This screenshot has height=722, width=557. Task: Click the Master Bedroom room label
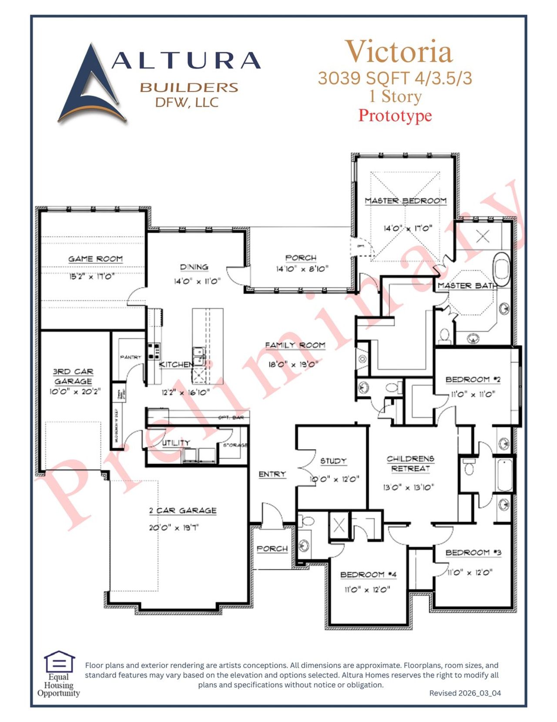click(406, 201)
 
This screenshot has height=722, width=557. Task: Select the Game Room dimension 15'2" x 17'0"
click(91, 276)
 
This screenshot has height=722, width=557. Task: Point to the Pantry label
click(131, 357)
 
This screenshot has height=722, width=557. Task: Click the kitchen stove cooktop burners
click(154, 351)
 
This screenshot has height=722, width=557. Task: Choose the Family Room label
click(295, 345)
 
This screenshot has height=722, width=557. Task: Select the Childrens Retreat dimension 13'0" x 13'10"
click(409, 487)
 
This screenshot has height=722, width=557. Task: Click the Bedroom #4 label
click(368, 575)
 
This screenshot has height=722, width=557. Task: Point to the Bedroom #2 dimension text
click(473, 395)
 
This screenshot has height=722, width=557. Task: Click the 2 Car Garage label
click(183, 510)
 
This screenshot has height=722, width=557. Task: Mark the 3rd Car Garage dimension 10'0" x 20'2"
click(75, 391)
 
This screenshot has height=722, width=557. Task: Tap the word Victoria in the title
click(399, 52)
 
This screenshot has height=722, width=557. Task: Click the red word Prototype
click(395, 115)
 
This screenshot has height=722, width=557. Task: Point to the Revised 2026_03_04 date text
click(465, 693)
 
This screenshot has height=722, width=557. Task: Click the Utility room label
click(176, 443)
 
